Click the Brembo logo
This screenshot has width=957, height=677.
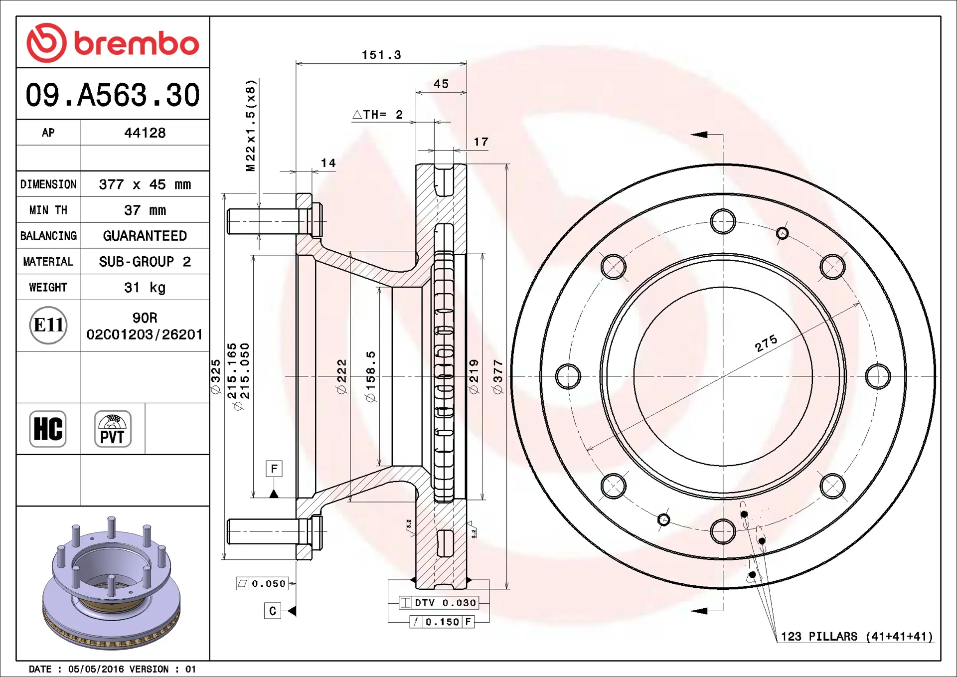click(113, 43)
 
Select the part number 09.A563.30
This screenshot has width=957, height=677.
click(113, 95)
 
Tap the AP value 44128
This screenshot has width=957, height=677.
click(145, 133)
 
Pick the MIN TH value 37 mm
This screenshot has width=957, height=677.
click(145, 210)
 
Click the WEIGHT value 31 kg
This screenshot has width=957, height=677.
click(145, 287)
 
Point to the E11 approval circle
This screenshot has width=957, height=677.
click(48, 325)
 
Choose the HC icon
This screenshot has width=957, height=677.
click(48, 429)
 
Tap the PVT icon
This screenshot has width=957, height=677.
click(113, 429)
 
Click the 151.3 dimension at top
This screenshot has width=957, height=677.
click(381, 55)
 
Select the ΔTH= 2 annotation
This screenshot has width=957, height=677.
click(378, 115)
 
